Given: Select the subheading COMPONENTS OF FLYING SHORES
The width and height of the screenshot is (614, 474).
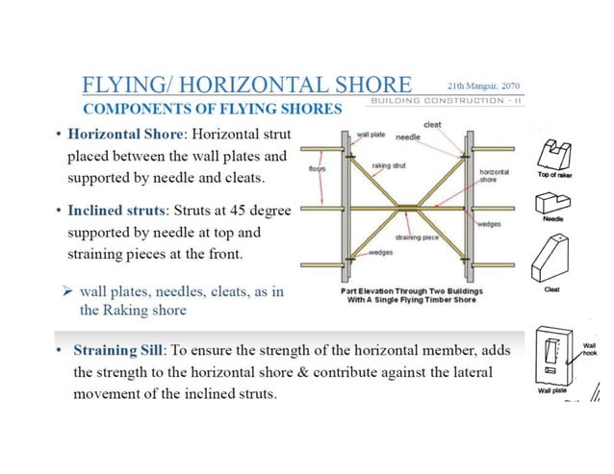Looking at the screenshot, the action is (213, 107).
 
